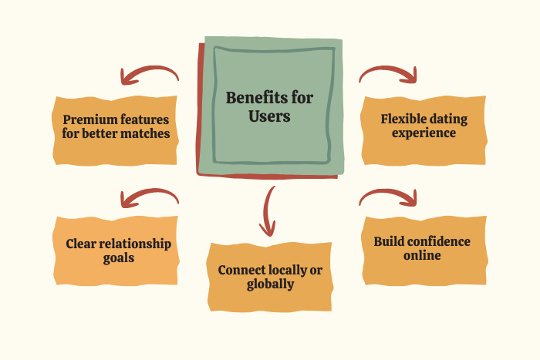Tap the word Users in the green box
coord(269,117)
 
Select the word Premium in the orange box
coord(90,119)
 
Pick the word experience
coord(424,133)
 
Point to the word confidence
coord(438,241)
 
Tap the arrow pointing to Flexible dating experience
coord(389,74)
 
